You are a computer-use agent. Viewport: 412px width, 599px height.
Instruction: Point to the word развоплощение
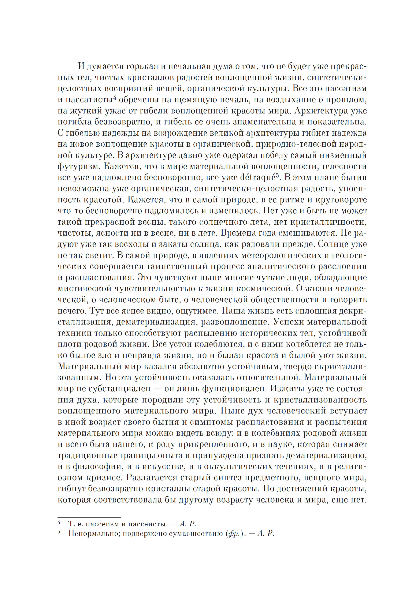pos(234,322)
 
